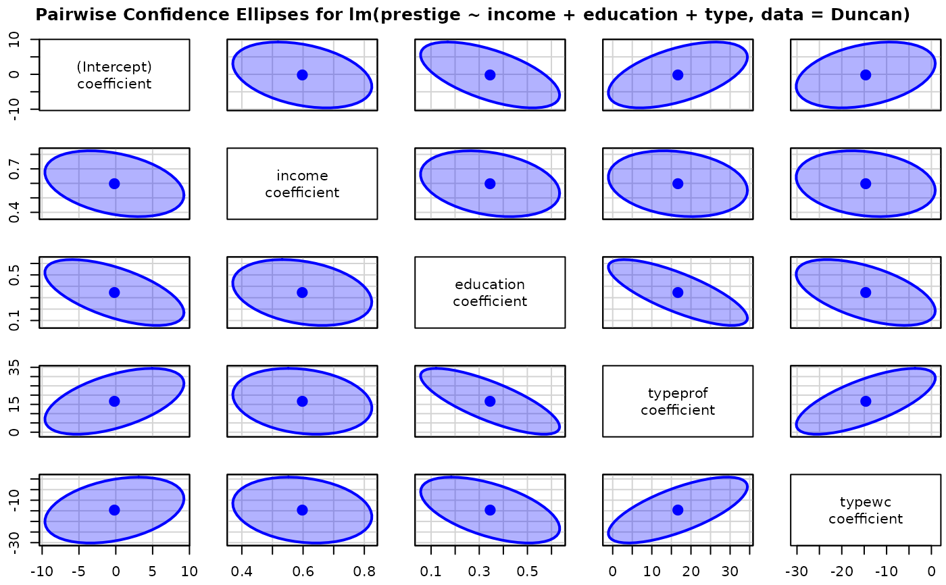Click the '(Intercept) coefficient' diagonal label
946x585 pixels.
coord(114,75)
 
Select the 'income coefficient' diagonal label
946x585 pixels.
coord(302,184)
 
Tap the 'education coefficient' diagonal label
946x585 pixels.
coord(490,292)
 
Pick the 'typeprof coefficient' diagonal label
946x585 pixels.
coord(678,401)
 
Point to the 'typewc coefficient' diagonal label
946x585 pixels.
coord(866,510)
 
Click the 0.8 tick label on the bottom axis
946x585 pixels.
coord(365,571)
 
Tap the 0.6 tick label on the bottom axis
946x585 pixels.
coord(303,571)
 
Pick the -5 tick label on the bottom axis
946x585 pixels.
coord(78,571)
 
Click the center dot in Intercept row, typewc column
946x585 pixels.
coord(866,75)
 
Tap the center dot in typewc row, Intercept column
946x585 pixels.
coord(114,510)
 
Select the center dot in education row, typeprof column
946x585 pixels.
coord(678,292)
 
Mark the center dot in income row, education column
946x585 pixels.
coord(490,184)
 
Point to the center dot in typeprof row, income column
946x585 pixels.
coord(302,401)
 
